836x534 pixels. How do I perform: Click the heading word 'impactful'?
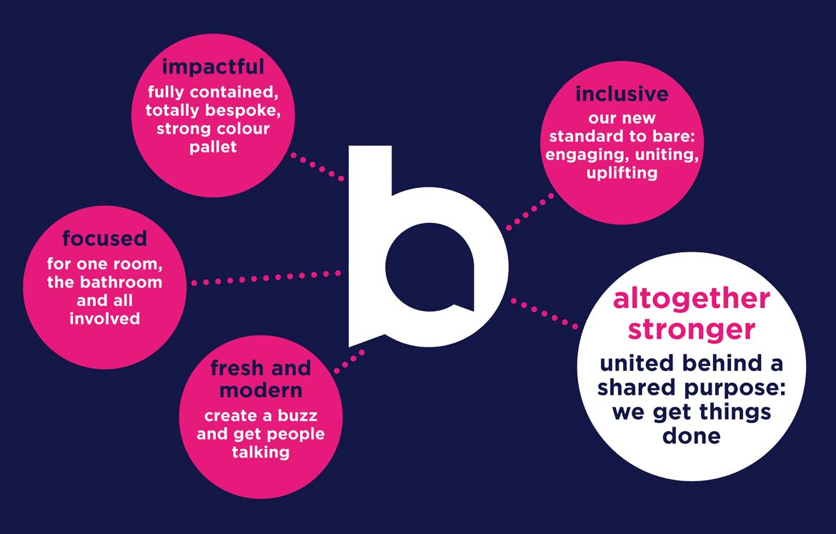213,67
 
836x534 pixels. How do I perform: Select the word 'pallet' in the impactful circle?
213,147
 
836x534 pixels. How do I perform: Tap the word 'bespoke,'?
243,110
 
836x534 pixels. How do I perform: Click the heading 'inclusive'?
622,94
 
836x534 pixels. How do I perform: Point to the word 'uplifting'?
622,173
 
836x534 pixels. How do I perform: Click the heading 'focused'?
104,238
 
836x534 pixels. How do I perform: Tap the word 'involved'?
104,319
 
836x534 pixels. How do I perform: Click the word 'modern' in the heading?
261,390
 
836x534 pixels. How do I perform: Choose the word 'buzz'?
297,415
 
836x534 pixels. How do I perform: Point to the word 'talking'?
261,453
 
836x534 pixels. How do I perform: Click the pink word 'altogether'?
692,299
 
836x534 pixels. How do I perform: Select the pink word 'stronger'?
692,330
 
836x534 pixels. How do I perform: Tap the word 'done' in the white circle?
692,436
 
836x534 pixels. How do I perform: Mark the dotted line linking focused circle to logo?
266,277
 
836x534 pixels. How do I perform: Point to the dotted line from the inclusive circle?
529,212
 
